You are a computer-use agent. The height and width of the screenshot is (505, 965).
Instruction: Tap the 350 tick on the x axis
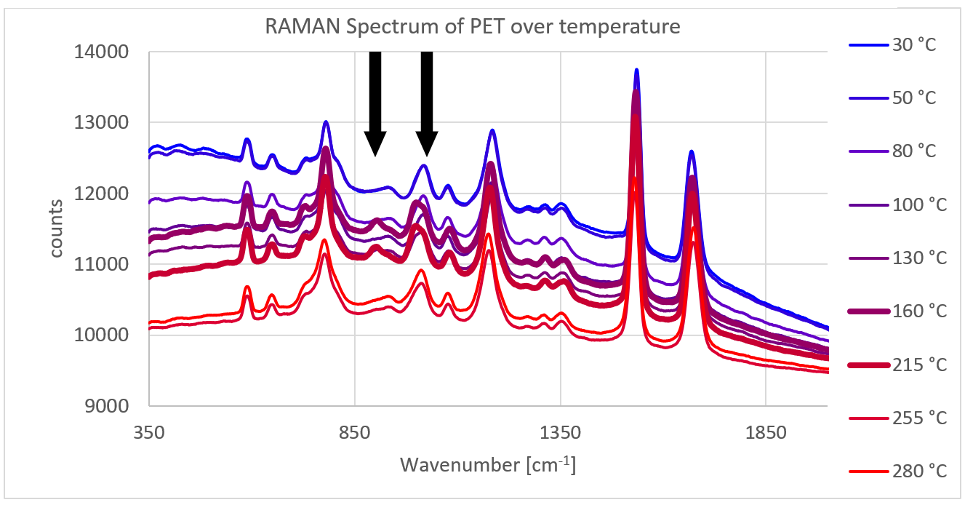pos(148,432)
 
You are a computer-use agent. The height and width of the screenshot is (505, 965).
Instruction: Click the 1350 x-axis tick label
pos(560,432)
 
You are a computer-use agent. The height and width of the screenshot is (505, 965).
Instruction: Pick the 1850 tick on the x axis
pos(766,432)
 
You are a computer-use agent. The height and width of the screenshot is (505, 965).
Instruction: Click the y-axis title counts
pos(57,229)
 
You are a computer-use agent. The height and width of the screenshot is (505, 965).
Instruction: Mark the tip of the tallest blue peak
pos(636,70)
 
